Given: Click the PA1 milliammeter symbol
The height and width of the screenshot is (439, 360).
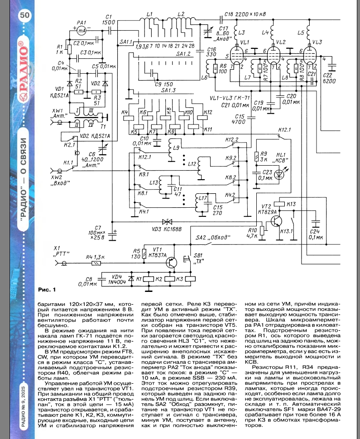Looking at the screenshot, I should pyautogui.click(x=82, y=31).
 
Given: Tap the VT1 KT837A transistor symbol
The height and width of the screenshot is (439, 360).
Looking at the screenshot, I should pyautogui.click(x=171, y=261).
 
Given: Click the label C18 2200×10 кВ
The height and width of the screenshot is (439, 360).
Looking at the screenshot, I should pyautogui.click(x=248, y=15).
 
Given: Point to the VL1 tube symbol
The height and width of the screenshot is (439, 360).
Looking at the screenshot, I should pyautogui.click(x=236, y=54).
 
